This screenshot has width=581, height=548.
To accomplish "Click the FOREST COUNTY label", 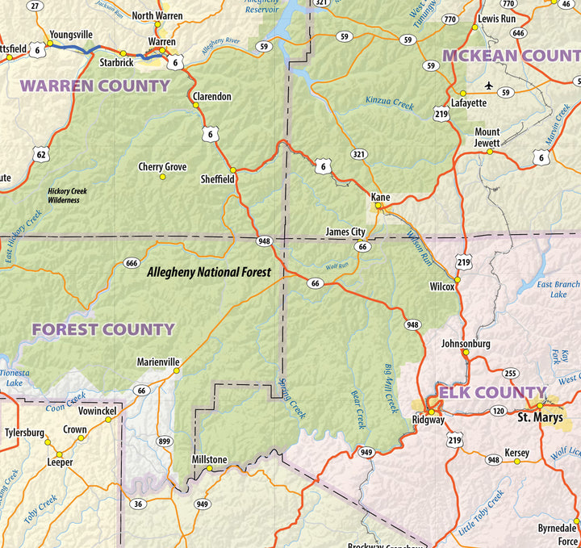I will [102, 329].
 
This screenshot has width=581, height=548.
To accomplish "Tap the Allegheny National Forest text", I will [209, 273].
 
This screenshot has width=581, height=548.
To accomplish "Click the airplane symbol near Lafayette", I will [487, 86].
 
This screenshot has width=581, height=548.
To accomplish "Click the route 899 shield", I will [165, 441].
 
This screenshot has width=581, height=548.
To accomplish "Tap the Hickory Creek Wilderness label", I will [67, 195].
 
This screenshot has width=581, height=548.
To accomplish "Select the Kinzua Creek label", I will [389, 102].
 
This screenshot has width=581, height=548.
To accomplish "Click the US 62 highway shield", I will [42, 153].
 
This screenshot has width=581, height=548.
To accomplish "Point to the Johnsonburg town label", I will [466, 343].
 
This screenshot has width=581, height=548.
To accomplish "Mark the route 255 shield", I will [510, 373].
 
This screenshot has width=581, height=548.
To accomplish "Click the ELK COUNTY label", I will [491, 393].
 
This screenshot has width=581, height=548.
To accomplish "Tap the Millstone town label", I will [209, 459].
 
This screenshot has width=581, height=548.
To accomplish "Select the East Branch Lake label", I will [558, 289].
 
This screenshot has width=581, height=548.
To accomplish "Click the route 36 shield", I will [138, 504].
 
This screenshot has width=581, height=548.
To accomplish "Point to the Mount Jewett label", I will [487, 136].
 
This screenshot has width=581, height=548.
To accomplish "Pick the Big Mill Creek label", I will [391, 389].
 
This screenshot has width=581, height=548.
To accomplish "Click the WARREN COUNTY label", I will [94, 86].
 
